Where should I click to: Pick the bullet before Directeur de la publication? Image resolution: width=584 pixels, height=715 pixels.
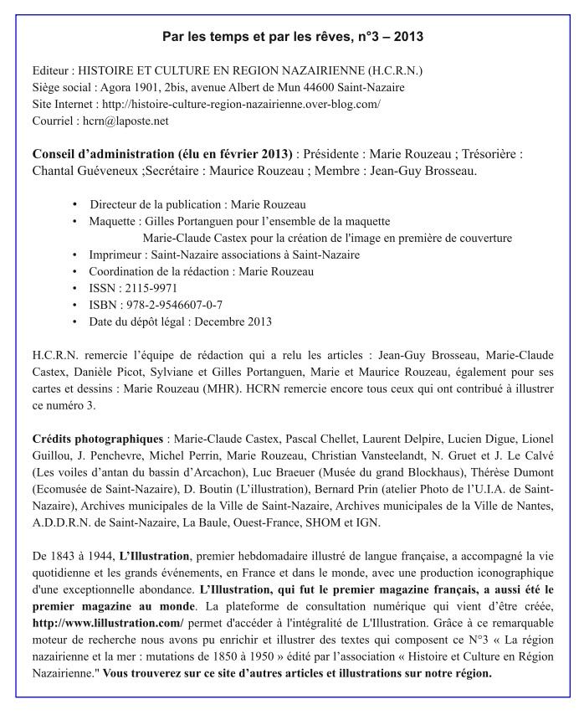(x=75, y=204)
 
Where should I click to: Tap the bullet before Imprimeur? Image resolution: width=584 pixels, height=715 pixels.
(x=75, y=255)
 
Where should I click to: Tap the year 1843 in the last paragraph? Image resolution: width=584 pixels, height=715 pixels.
(x=64, y=556)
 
